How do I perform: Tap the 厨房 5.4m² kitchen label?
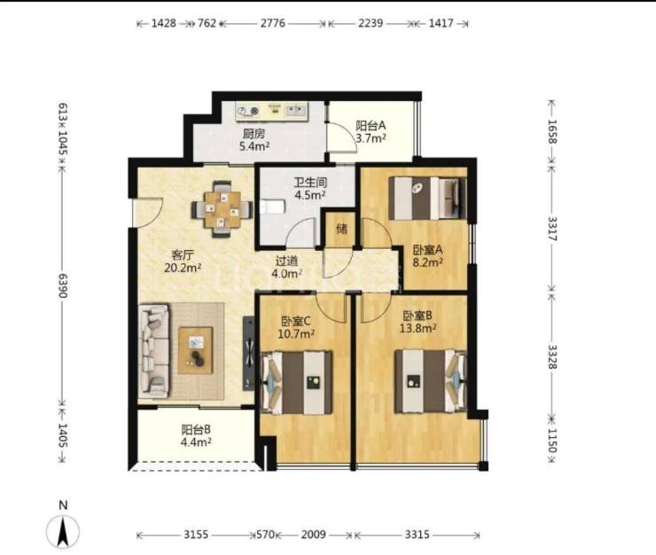click(x=254, y=140)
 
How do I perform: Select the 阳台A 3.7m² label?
click(x=371, y=131)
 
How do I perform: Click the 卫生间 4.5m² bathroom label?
click(x=310, y=188)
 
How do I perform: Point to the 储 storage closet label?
click(x=341, y=229)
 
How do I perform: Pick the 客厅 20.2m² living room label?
click(x=183, y=262)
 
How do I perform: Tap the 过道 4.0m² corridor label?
click(x=286, y=267)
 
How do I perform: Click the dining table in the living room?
click(x=223, y=209)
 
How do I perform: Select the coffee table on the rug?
click(x=195, y=350)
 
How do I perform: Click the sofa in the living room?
click(x=154, y=351)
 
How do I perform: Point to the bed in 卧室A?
click(x=427, y=198)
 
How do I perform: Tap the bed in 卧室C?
click(x=296, y=382)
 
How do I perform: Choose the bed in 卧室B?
click(x=431, y=381)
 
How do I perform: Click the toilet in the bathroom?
click(x=271, y=207)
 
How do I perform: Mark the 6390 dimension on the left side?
click(x=62, y=285)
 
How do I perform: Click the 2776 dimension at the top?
click(x=273, y=23)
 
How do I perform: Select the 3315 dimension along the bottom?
click(x=418, y=535)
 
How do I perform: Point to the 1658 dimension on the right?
click(x=551, y=131)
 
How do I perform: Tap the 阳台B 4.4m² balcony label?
click(x=196, y=435)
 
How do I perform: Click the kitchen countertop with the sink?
click(x=271, y=111)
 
